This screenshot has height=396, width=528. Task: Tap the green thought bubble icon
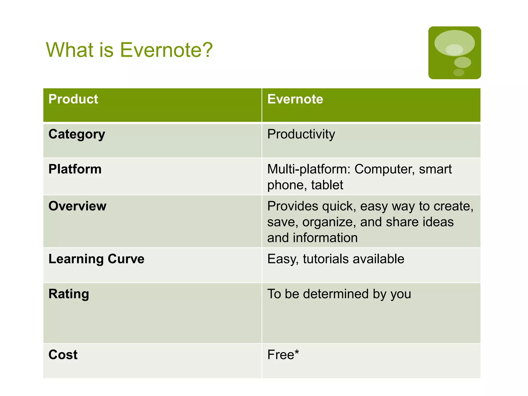[x=455, y=53]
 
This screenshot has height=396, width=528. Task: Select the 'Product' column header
[x=73, y=99]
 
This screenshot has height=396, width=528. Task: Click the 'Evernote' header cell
[x=295, y=99]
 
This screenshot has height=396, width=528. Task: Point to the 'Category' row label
[x=77, y=134]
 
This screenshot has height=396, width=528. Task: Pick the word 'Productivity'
[x=301, y=134]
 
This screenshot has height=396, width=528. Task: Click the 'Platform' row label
[x=75, y=169]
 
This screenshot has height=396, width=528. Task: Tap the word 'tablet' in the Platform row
[x=327, y=185]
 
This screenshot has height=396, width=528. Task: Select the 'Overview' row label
[x=77, y=206]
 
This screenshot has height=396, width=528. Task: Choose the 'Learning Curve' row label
[x=96, y=259]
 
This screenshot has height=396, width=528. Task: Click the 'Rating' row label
[x=69, y=294]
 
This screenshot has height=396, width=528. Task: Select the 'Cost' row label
[x=63, y=355]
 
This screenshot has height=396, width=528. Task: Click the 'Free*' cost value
[x=283, y=355]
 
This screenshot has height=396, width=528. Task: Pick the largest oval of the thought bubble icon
[x=455, y=43]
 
